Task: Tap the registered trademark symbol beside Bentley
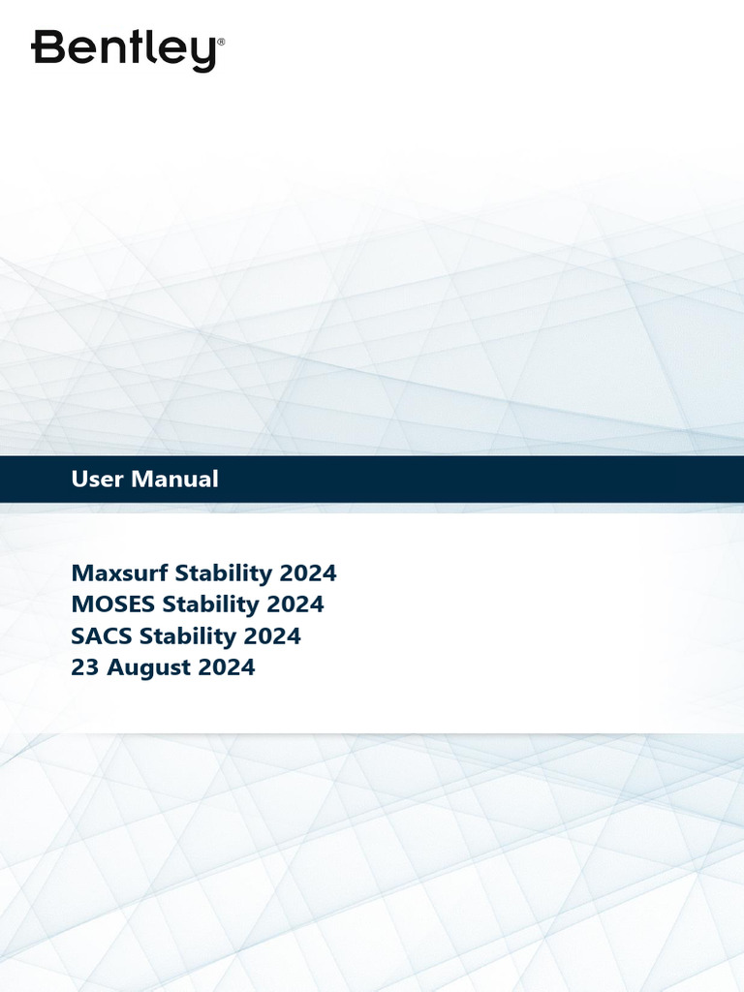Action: point(221,43)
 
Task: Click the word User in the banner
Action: point(98,479)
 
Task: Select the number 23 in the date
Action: point(83,667)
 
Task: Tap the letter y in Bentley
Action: point(202,53)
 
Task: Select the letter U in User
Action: point(79,479)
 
